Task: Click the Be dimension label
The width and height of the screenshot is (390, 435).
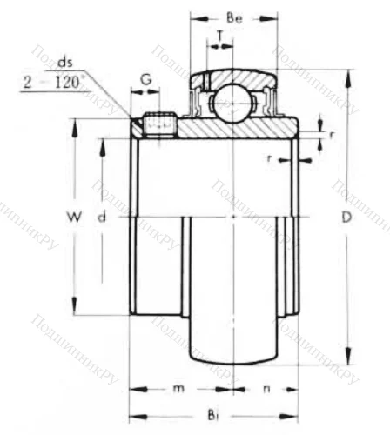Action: point(233,17)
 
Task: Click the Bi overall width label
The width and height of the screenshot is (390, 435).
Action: point(215,418)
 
